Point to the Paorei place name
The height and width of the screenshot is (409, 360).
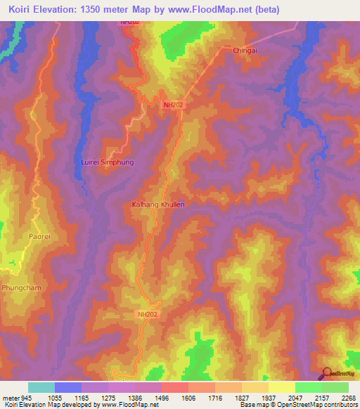39,237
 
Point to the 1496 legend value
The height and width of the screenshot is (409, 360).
160,397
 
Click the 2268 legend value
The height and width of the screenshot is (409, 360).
349,397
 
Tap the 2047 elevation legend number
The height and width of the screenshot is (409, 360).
294,397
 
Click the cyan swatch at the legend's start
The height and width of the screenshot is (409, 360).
41,387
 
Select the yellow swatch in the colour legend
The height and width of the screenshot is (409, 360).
281,387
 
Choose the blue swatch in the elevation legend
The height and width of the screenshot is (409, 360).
67,387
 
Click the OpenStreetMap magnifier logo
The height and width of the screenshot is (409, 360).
327,372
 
